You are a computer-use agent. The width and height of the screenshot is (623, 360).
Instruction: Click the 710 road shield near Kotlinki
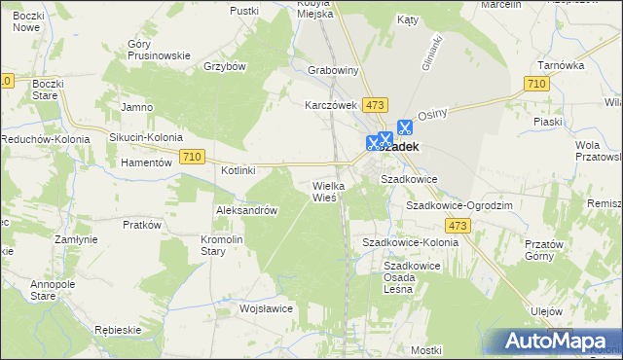(192, 157)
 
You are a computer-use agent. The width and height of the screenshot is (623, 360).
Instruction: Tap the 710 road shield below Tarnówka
(533, 85)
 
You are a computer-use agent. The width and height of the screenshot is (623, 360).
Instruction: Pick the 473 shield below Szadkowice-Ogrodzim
(459, 226)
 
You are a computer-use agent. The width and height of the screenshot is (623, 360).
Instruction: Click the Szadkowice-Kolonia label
(410, 241)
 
